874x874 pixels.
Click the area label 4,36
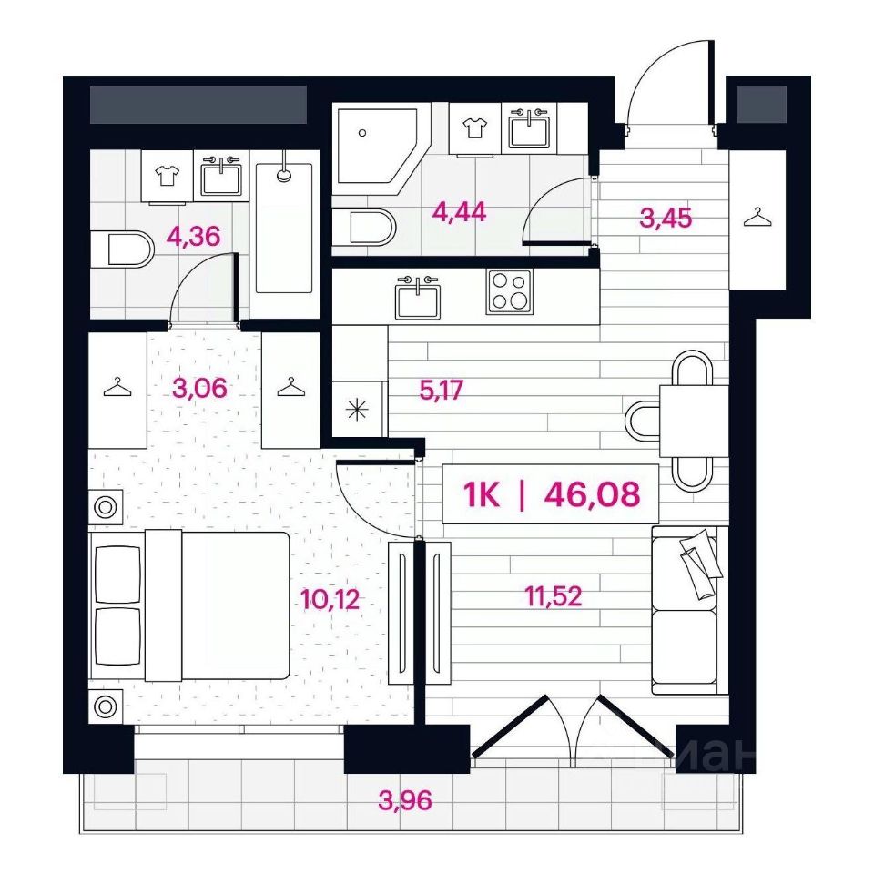point(193,237)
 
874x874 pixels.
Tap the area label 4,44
point(459,212)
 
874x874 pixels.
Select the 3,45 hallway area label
point(666,218)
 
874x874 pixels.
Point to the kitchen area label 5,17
point(441,391)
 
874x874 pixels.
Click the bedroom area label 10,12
point(330,599)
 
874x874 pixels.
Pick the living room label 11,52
point(554,595)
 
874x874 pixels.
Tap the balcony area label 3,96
point(405,801)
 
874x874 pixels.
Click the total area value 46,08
point(592,493)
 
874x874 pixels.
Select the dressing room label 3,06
point(200,388)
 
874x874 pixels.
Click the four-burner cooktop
point(509,292)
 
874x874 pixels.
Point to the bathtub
point(284,228)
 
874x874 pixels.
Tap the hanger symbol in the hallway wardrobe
point(758,218)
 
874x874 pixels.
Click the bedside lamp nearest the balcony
point(105,706)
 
